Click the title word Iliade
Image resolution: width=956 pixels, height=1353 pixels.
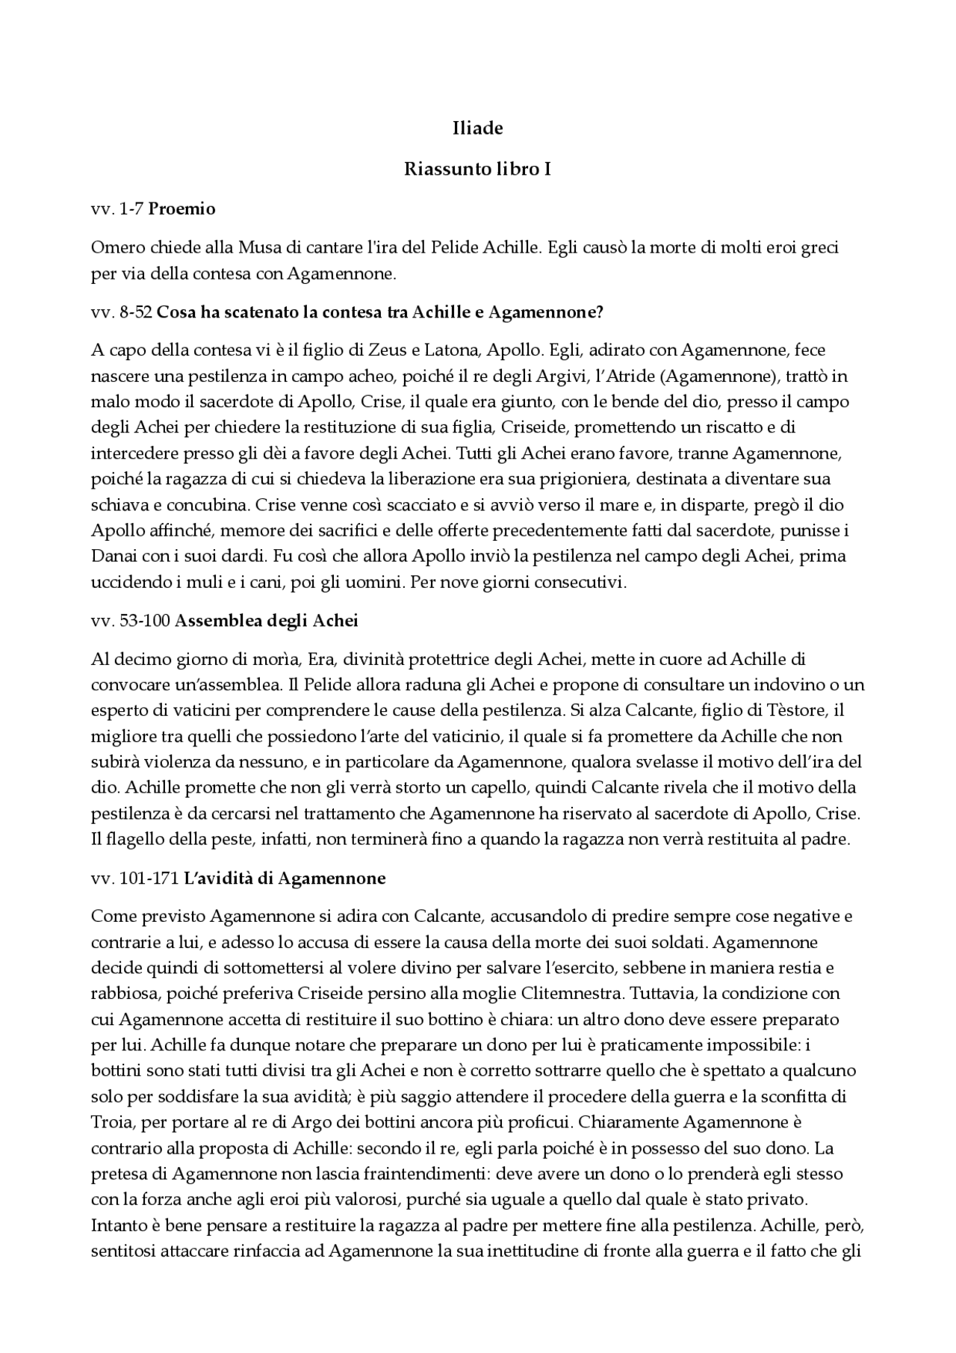point(477,129)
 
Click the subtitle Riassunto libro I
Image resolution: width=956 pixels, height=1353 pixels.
point(477,170)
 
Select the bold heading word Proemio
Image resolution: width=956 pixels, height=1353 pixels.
point(181,209)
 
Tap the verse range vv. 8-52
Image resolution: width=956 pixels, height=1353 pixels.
point(122,313)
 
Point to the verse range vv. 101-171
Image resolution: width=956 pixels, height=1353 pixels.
point(135,879)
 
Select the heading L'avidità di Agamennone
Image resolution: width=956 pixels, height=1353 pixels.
point(285,879)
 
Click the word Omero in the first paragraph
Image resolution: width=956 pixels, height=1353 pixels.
point(114,247)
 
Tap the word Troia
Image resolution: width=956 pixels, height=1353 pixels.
point(111,1123)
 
